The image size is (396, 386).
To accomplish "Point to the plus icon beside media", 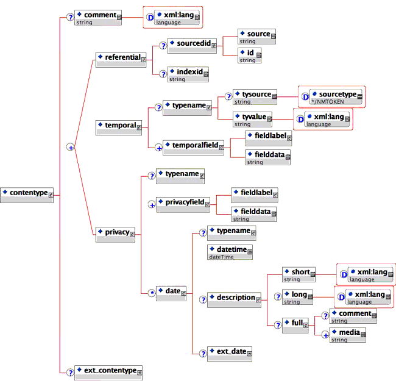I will pyautogui.click(x=326, y=334).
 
